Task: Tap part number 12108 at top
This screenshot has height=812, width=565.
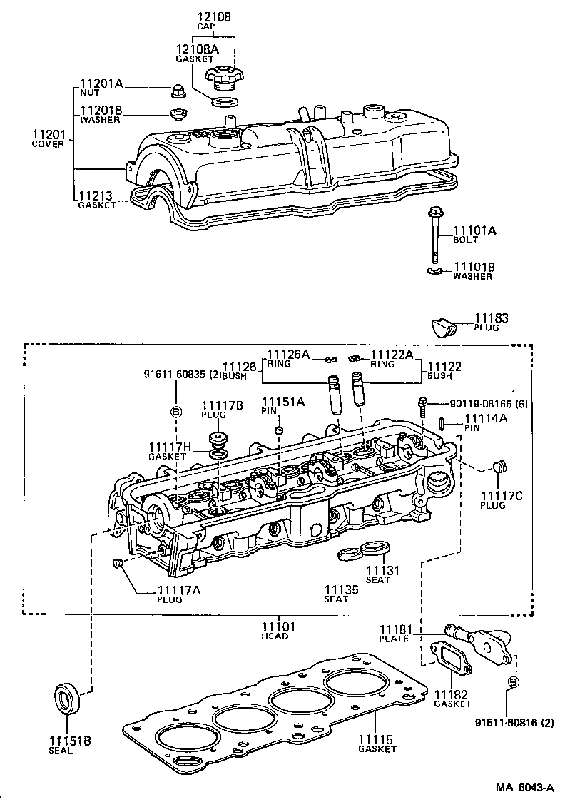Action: pos(215,16)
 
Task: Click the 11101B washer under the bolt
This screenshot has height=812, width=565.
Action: pos(433,270)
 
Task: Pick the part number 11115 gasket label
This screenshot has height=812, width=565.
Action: pos(377,739)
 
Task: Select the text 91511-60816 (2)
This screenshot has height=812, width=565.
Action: pos(514,722)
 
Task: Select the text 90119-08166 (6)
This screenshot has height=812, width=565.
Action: pos(489,405)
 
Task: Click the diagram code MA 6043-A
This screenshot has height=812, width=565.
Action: pos(525,788)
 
